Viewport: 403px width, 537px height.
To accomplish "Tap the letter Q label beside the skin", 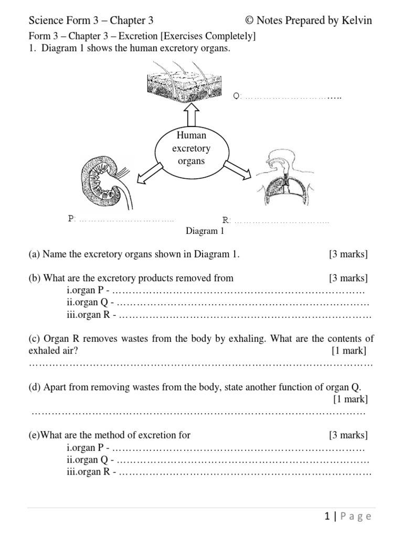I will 236,96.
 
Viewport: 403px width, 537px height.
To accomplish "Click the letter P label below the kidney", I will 71,218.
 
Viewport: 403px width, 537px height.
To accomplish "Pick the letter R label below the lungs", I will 226,220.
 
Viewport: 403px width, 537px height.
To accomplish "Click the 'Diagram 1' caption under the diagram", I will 205,231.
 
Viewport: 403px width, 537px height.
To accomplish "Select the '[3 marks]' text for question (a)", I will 348,255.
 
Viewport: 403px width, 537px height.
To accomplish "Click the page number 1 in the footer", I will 327,517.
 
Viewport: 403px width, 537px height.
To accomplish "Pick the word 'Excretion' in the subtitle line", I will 139,37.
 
